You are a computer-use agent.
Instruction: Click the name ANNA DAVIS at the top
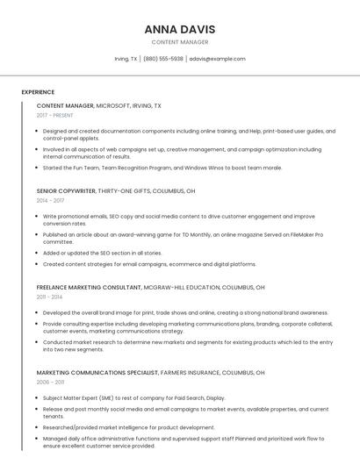coord(180,29)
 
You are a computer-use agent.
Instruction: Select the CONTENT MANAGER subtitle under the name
coord(180,42)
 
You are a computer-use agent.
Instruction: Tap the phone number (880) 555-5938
coord(162,59)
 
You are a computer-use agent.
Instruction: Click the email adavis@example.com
coord(217,59)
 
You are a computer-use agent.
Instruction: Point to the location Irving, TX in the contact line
coord(126,59)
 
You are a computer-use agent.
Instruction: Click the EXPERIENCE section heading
coord(38,91)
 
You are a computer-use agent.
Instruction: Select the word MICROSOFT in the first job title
coord(114,105)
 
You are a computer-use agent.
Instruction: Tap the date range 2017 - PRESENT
coord(54,115)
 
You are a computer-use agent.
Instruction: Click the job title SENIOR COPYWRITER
coord(66,190)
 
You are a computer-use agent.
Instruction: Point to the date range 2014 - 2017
coord(50,200)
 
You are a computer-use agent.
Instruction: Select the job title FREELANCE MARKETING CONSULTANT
coord(89,287)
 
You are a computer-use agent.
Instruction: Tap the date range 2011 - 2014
coord(50,297)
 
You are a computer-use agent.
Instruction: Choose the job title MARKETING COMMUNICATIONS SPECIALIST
coord(98,373)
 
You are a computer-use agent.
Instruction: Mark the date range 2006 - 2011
coord(50,383)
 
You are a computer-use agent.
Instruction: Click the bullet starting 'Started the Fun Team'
coord(162,167)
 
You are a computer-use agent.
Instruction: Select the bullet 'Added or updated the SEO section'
coord(102,253)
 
